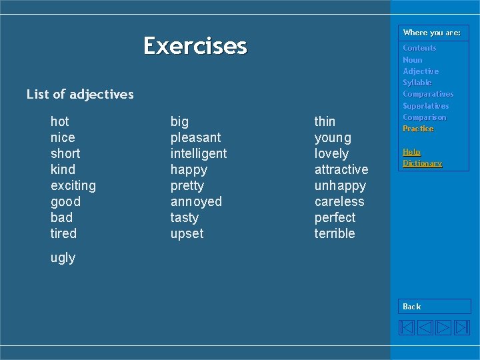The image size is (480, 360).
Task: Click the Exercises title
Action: click(x=195, y=46)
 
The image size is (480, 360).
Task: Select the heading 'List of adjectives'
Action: click(x=80, y=95)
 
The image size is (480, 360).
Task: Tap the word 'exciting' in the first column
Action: click(x=73, y=185)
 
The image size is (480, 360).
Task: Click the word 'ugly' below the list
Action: click(x=63, y=257)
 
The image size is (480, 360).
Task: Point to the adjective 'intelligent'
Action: click(x=198, y=153)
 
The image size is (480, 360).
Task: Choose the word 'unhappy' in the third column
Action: click(x=340, y=185)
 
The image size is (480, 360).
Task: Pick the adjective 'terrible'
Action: click(x=335, y=233)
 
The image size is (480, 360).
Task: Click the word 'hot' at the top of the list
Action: click(x=59, y=121)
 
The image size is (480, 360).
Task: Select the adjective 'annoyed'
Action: click(x=196, y=201)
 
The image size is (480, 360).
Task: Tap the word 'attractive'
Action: click(x=341, y=169)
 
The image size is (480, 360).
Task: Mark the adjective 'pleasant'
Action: click(x=195, y=137)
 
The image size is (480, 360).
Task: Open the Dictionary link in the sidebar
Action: click(x=422, y=163)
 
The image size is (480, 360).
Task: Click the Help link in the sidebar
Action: click(x=411, y=152)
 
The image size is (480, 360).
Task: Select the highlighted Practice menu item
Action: click(x=418, y=129)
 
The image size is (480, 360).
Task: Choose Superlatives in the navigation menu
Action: click(x=425, y=106)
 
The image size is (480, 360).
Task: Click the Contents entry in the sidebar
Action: click(x=419, y=48)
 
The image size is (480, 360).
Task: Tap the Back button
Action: click(x=412, y=307)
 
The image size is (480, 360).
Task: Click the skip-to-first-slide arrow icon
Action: click(x=407, y=327)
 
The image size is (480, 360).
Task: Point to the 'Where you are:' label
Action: click(x=431, y=33)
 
